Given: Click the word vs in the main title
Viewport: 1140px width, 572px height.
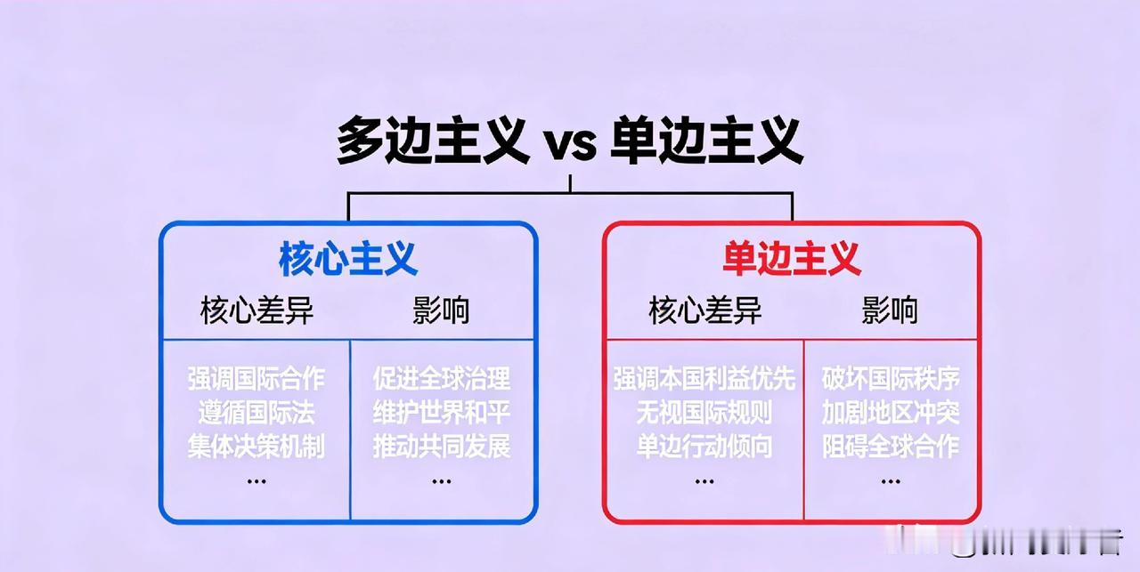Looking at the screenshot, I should [570, 143].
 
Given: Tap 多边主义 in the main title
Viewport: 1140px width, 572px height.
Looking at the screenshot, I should [433, 141].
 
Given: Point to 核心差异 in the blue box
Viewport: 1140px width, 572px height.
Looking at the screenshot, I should [256, 310].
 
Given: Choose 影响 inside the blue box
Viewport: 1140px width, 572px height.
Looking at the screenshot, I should [441, 310].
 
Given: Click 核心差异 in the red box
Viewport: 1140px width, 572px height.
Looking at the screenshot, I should [705, 310].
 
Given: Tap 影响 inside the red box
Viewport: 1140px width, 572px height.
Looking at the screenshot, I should [889, 310].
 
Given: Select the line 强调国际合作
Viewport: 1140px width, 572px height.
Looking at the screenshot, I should [256, 379].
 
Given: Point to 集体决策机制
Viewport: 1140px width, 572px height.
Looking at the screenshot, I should [256, 446].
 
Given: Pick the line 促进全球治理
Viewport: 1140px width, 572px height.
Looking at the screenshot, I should [442, 379].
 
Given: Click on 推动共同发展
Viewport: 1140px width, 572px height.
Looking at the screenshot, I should [442, 446].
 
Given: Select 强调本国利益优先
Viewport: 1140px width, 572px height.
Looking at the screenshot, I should [704, 379].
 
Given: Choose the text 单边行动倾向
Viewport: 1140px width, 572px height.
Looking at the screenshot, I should [704, 446].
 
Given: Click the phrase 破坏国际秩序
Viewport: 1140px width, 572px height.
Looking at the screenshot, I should [891, 379].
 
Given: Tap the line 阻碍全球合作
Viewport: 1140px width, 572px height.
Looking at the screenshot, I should [891, 446].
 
